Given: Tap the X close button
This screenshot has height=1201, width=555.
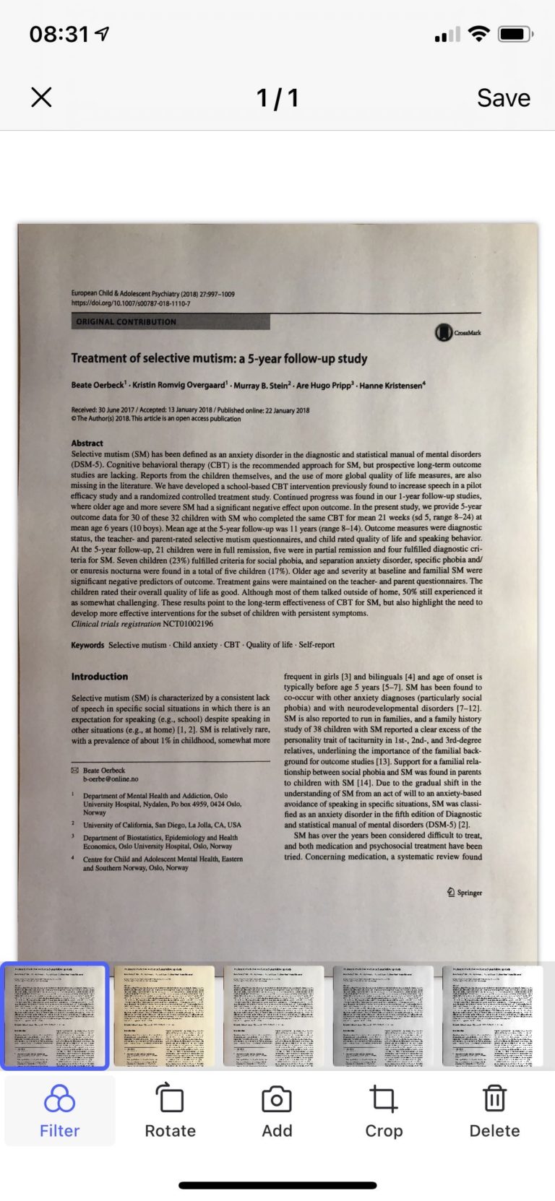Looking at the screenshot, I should [x=41, y=97].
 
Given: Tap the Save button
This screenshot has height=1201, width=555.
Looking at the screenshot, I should [x=503, y=97].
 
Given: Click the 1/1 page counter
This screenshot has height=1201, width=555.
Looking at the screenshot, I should [x=277, y=97].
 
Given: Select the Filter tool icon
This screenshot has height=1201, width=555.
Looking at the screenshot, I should [x=59, y=1099].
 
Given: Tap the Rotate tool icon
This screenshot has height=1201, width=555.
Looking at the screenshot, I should [x=170, y=1099].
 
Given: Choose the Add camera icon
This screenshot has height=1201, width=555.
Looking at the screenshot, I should [x=277, y=1099].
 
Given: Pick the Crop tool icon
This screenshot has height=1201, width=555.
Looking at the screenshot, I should [x=383, y=1099].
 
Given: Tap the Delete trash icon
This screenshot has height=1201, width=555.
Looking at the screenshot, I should [x=494, y=1099].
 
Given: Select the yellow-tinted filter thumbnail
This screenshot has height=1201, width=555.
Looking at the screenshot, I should [x=165, y=1015].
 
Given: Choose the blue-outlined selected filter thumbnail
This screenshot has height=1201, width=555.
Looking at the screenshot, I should [x=54, y=1015].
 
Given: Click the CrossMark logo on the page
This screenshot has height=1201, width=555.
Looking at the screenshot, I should [x=457, y=332].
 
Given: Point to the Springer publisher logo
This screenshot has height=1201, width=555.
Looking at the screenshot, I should [x=464, y=893].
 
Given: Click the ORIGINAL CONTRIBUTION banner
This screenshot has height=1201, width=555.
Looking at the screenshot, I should [x=170, y=321].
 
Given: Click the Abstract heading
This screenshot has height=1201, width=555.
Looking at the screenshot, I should [x=87, y=443].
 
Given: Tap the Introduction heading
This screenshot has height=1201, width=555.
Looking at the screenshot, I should [x=99, y=677].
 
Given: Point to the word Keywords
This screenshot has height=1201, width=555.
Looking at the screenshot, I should [x=87, y=645].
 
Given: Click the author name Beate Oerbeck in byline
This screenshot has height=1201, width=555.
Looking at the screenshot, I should [x=98, y=385].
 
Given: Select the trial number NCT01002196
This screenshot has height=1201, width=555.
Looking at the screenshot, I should [x=188, y=623].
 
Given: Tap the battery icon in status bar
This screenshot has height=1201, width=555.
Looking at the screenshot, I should [x=515, y=34].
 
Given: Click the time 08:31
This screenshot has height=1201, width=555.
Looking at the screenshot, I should [x=59, y=34].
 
